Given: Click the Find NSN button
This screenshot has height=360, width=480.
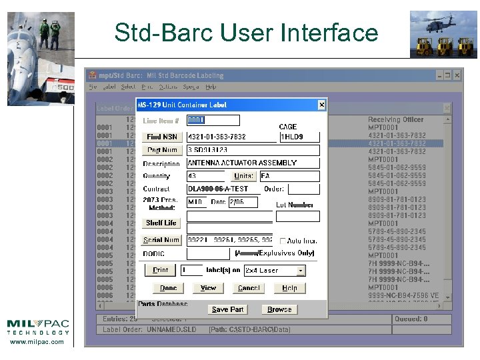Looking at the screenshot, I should [162, 137].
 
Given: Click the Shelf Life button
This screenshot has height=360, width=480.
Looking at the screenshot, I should [161, 223].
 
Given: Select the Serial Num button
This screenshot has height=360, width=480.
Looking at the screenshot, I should [161, 240].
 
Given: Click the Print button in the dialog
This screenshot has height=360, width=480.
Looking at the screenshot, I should [161, 270].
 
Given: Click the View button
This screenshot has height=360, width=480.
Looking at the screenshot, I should [208, 288].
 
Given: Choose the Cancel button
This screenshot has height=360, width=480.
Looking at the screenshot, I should [249, 288].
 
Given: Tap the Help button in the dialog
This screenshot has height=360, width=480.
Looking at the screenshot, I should [289, 288].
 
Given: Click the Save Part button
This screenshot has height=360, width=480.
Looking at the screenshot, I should [227, 309].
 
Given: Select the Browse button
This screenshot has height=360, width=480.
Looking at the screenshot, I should [279, 309].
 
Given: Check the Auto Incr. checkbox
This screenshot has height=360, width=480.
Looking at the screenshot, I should [283, 241].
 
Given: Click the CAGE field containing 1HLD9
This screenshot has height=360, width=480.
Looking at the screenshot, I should [299, 137].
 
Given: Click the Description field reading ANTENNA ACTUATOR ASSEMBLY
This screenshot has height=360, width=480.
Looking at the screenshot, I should [253, 163].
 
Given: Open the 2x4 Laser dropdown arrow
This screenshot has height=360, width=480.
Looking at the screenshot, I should [301, 271].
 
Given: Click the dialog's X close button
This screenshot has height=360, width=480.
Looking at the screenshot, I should [321, 104].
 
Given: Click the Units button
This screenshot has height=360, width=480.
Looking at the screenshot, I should [243, 176].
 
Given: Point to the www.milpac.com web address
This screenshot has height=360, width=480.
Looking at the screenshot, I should [37, 342].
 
